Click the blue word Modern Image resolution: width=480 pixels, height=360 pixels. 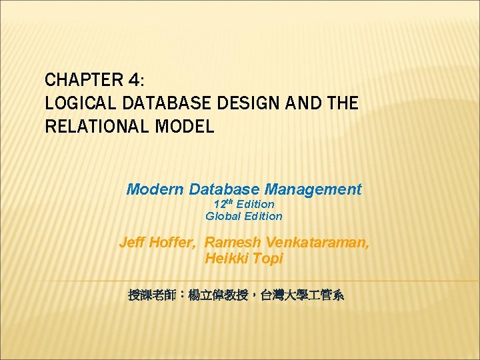click(155, 189)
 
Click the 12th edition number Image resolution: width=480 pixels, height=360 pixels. click(223, 204)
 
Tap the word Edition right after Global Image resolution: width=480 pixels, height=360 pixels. click(263, 216)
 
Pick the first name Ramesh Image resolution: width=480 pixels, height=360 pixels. click(232, 243)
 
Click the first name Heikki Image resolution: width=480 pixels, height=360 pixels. click(227, 259)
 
